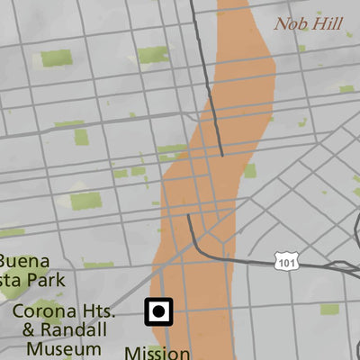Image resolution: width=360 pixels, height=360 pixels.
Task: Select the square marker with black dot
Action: point(158,312)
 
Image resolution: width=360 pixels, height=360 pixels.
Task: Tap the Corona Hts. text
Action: point(63,311)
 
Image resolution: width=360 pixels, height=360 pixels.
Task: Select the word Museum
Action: point(63,348)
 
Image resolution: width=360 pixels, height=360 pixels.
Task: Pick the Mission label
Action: point(157,353)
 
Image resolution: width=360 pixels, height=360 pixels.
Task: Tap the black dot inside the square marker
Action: point(158,312)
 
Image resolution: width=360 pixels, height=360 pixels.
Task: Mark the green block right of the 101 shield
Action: point(329,310)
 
